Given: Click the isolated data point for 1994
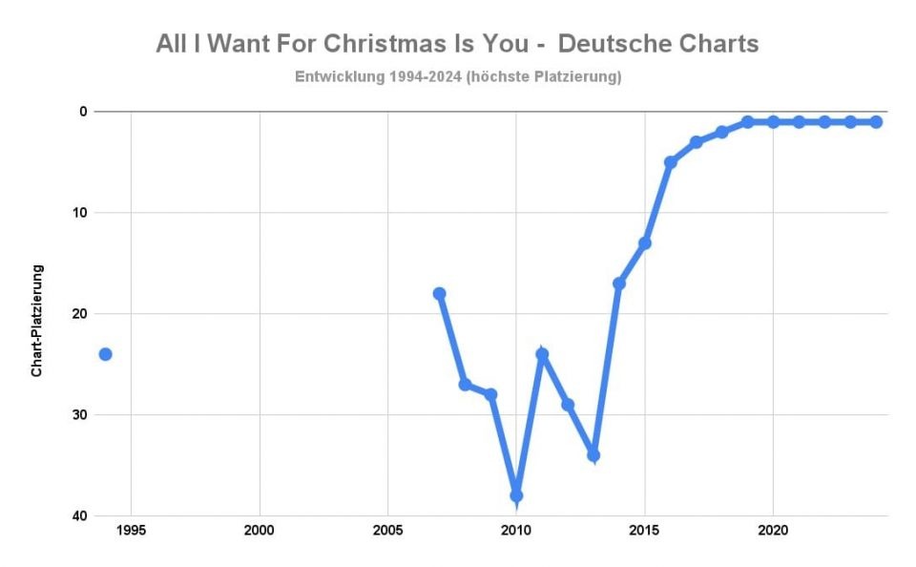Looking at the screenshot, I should [105, 354].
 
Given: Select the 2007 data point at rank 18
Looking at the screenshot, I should [439, 293].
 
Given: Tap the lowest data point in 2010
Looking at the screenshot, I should [516, 495].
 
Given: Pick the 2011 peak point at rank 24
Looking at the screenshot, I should [542, 354].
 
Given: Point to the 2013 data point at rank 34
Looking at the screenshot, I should [593, 455].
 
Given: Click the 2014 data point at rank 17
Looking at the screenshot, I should [619, 283].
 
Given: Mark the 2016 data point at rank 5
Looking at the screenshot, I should [671, 162].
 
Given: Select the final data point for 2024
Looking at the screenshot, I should [876, 122].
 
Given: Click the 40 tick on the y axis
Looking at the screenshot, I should [80, 515].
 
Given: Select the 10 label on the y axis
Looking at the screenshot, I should [80, 213].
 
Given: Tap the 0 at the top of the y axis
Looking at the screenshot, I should [84, 112].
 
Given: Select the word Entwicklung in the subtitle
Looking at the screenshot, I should [339, 76].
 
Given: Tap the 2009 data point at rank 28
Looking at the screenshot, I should [490, 394].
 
